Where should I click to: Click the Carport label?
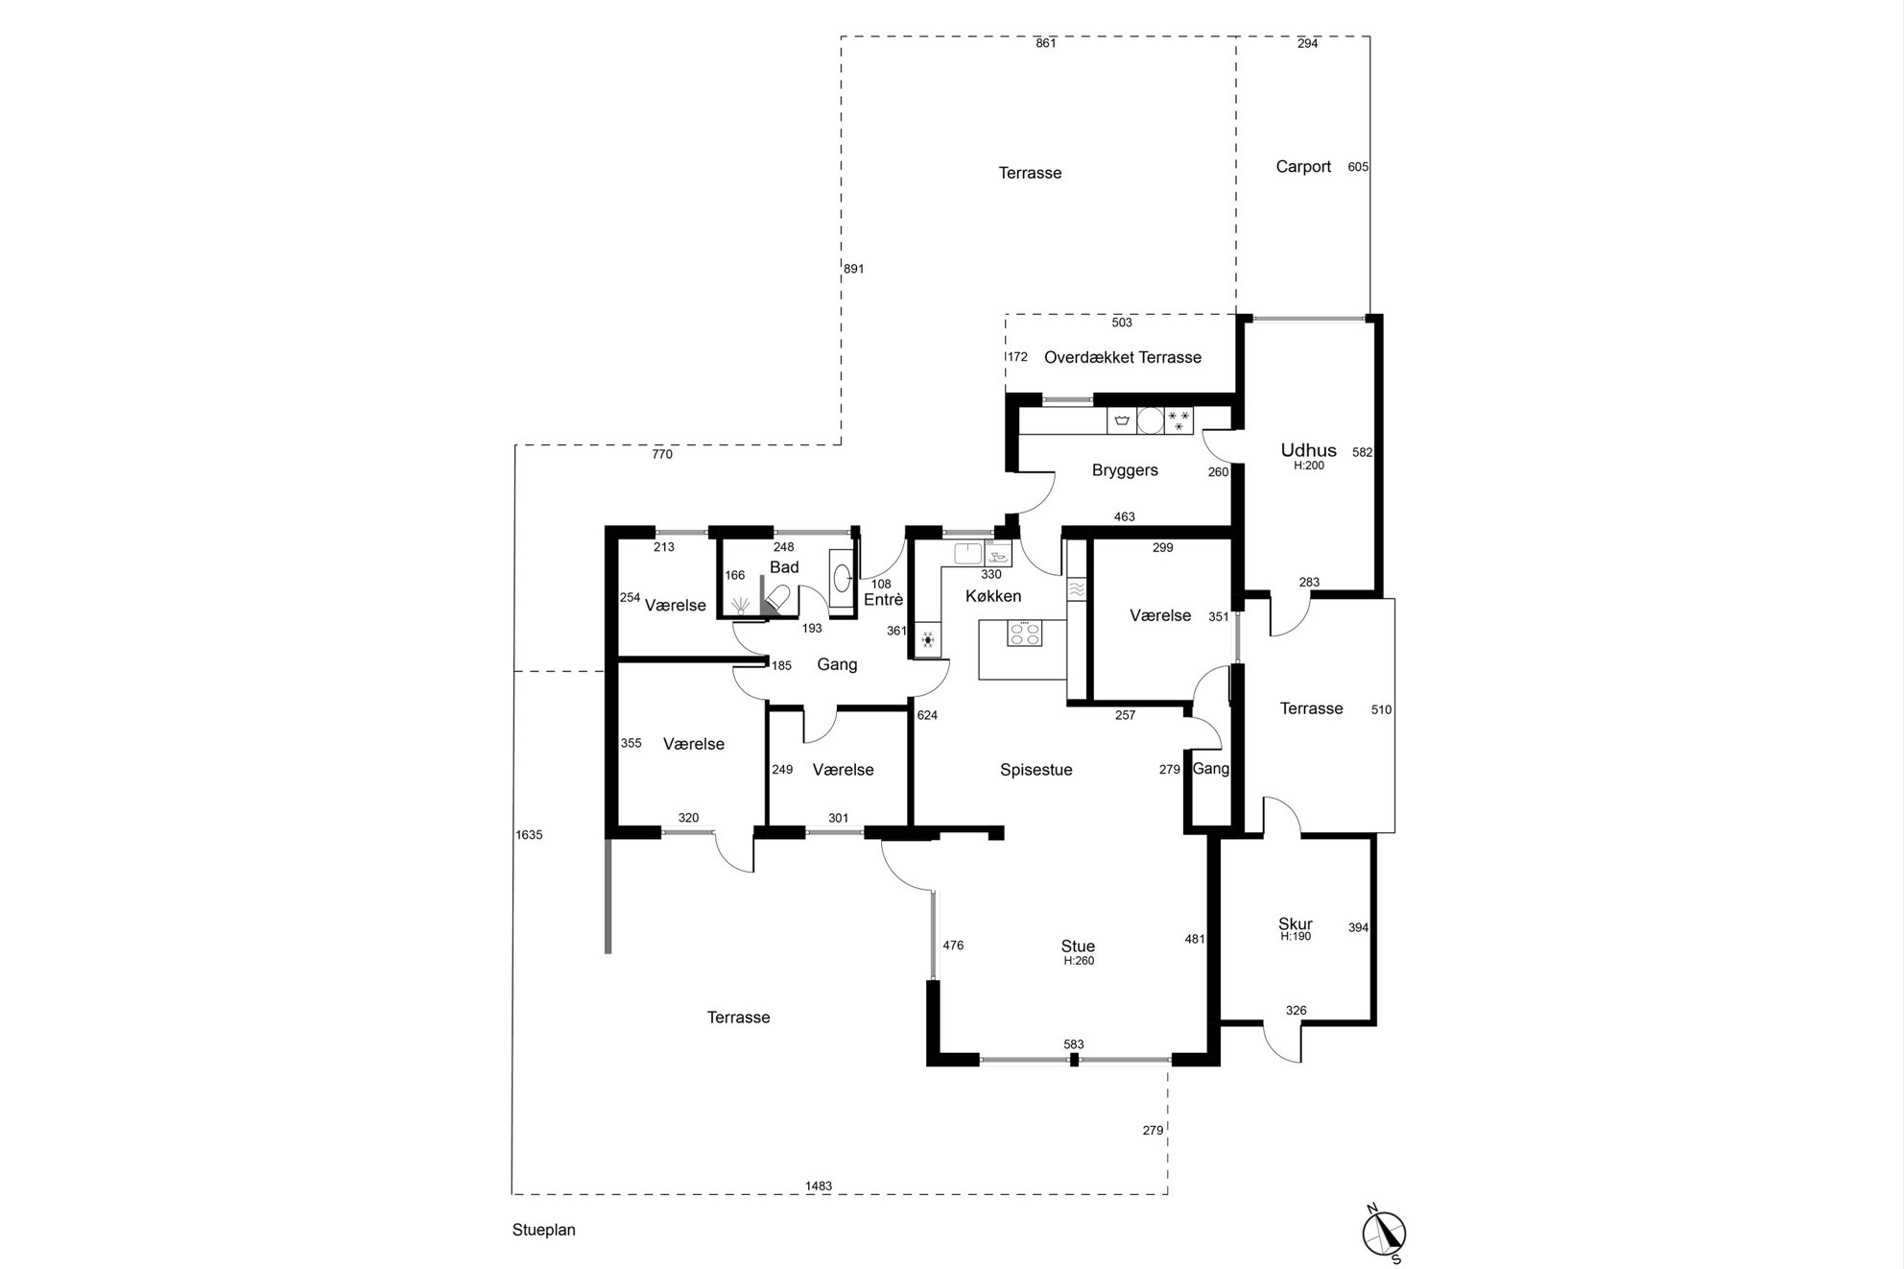1303,167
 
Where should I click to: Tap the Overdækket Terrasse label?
1123,357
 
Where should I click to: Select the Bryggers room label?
1125,470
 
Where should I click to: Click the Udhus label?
1308,450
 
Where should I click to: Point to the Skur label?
1296,924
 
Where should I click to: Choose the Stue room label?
1078,946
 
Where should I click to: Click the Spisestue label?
1036,770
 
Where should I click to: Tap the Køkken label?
993,596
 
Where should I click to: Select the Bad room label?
784,567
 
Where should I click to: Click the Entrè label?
884,600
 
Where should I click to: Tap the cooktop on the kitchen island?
1025,634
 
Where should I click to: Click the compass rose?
1384,1233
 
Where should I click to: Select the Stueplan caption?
544,1231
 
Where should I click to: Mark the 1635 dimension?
529,835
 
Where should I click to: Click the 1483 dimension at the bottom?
819,1186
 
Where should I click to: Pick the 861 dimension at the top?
1046,43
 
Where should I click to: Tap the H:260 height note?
1079,961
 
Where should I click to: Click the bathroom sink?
841,578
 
